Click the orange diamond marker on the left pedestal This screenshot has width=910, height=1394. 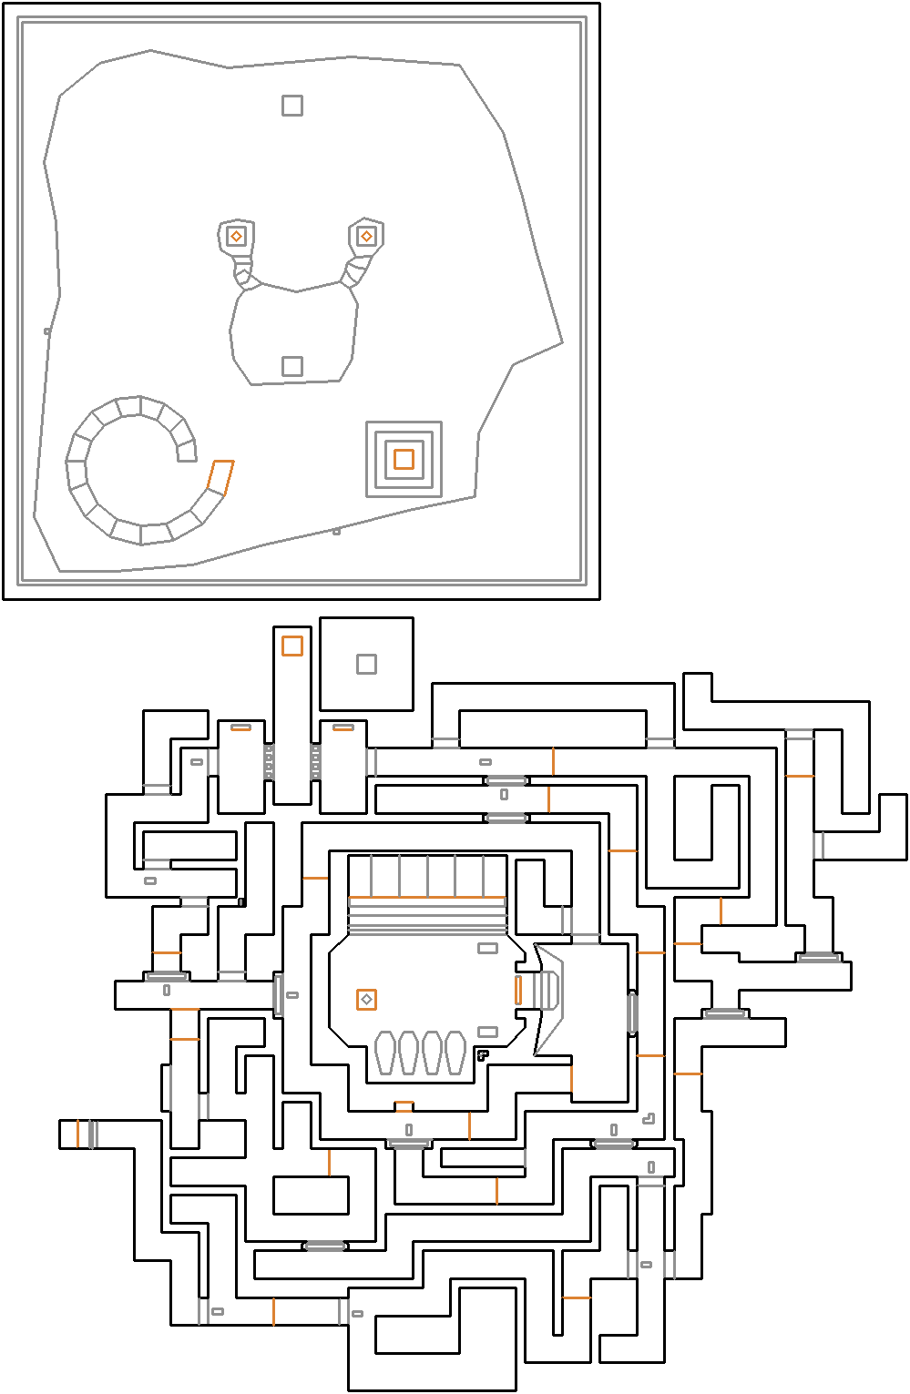(x=236, y=237)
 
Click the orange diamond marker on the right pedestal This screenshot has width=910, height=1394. (x=366, y=237)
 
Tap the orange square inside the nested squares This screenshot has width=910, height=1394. (x=404, y=459)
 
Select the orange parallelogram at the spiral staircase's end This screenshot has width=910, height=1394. (x=220, y=477)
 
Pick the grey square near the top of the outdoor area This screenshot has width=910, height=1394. (x=291, y=106)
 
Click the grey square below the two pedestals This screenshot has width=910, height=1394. (x=291, y=366)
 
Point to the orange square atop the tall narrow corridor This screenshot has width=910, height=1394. (x=291, y=646)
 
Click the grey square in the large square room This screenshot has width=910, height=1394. (x=366, y=664)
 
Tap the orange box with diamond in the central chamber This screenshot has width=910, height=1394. (x=366, y=1000)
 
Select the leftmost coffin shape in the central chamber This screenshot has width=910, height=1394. (x=384, y=1053)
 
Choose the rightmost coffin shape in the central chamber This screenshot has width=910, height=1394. (x=455, y=1053)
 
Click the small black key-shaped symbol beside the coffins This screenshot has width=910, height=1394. (x=483, y=1055)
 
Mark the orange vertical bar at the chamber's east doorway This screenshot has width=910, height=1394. (x=518, y=990)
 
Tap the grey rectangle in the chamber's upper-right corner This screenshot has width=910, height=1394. (x=488, y=948)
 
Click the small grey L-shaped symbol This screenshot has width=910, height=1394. (x=649, y=1119)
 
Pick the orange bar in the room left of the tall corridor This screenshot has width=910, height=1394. (x=240, y=728)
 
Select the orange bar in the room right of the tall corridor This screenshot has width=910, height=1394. (x=343, y=728)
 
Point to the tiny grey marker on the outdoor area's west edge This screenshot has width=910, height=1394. (x=47, y=331)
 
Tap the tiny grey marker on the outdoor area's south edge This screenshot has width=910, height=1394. (x=336, y=531)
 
